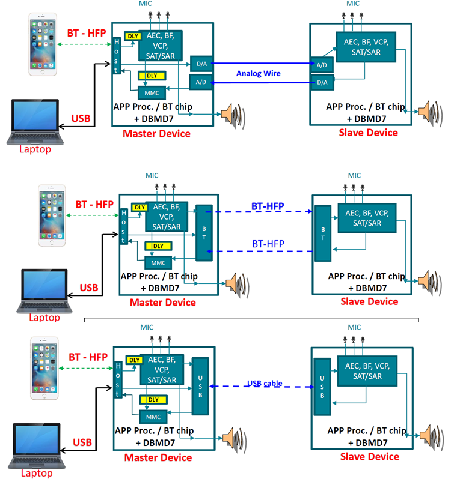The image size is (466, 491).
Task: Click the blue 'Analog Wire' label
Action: click(258, 73)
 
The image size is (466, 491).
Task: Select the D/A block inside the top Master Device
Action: click(200, 63)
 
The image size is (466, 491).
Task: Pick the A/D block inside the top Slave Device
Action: click(322, 65)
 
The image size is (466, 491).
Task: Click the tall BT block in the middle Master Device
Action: click(204, 233)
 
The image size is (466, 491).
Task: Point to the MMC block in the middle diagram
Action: click(158, 262)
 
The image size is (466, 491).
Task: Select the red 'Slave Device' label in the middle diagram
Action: click(369, 301)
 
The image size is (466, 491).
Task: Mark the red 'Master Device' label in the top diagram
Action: click(156, 133)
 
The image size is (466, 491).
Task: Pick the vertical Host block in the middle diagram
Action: click(123, 226)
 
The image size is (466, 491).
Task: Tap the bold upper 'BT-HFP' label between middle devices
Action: click(268, 207)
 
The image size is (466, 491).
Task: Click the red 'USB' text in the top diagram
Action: click(81, 118)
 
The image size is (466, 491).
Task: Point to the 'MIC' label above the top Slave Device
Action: click(353, 4)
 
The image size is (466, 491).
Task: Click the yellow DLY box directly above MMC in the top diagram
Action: click(152, 76)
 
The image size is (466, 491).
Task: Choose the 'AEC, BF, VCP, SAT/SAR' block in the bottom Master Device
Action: click(162, 369)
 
